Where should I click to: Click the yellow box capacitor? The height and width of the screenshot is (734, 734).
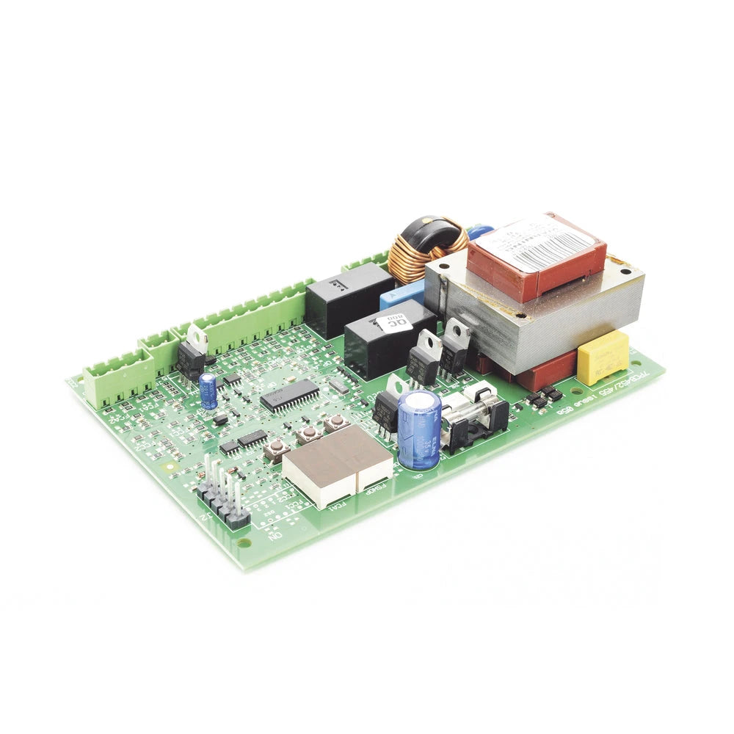coord(603,357)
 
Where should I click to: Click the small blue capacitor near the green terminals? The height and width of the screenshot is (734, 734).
coord(208,389)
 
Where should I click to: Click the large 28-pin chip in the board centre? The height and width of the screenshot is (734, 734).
coord(290,395)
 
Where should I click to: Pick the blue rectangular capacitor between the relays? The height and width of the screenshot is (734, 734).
coord(401,294)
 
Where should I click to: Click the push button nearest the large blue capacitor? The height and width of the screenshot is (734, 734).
coord(337,423)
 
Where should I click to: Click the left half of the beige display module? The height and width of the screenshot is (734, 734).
coord(319,464)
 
